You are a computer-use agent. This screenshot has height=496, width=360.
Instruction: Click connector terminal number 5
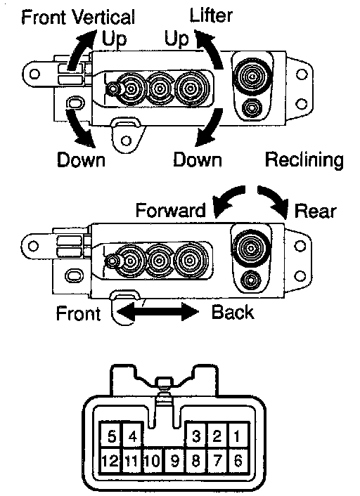(112, 436)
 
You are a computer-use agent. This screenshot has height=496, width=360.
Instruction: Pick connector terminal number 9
(175, 461)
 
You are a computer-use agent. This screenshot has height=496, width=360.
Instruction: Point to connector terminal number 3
(196, 436)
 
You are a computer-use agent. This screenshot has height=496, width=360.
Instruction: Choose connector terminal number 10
(153, 461)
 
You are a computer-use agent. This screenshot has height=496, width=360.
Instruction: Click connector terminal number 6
(238, 461)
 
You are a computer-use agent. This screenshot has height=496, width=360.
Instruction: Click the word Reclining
(304, 160)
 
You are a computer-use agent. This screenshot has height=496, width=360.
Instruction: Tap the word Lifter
(211, 15)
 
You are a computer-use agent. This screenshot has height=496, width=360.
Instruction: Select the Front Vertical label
(78, 17)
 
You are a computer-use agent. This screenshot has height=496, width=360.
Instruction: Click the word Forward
(171, 210)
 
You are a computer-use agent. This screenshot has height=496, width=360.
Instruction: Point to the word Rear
(316, 211)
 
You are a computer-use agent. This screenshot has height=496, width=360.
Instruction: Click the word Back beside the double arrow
(233, 312)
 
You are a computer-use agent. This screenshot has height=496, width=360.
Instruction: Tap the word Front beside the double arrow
(78, 313)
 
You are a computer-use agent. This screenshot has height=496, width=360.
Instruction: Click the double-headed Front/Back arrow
(157, 312)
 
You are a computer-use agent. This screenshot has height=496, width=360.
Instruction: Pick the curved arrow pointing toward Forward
(229, 197)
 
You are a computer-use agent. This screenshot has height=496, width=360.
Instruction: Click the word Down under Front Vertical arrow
(81, 159)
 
